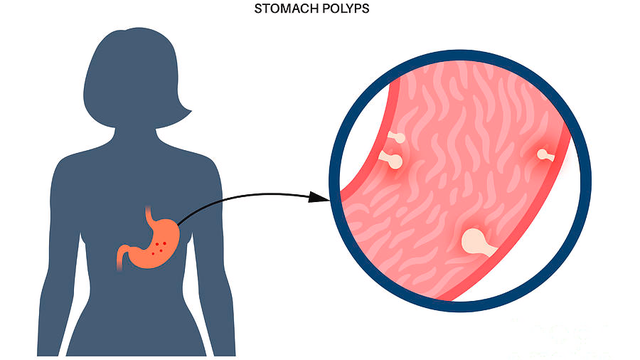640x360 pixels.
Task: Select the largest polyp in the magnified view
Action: (x=474, y=240)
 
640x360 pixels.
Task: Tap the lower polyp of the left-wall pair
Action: (x=393, y=160)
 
